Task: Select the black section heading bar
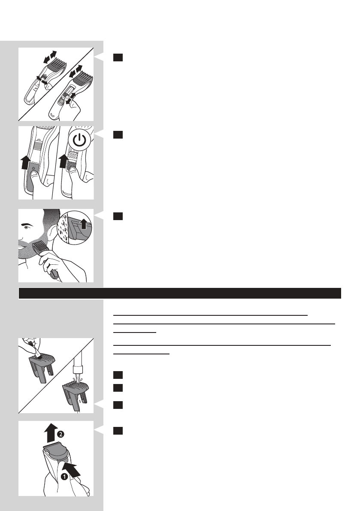[x=180, y=293]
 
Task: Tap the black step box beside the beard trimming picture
[x=118, y=217]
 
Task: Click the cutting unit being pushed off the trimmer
[x=55, y=454]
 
